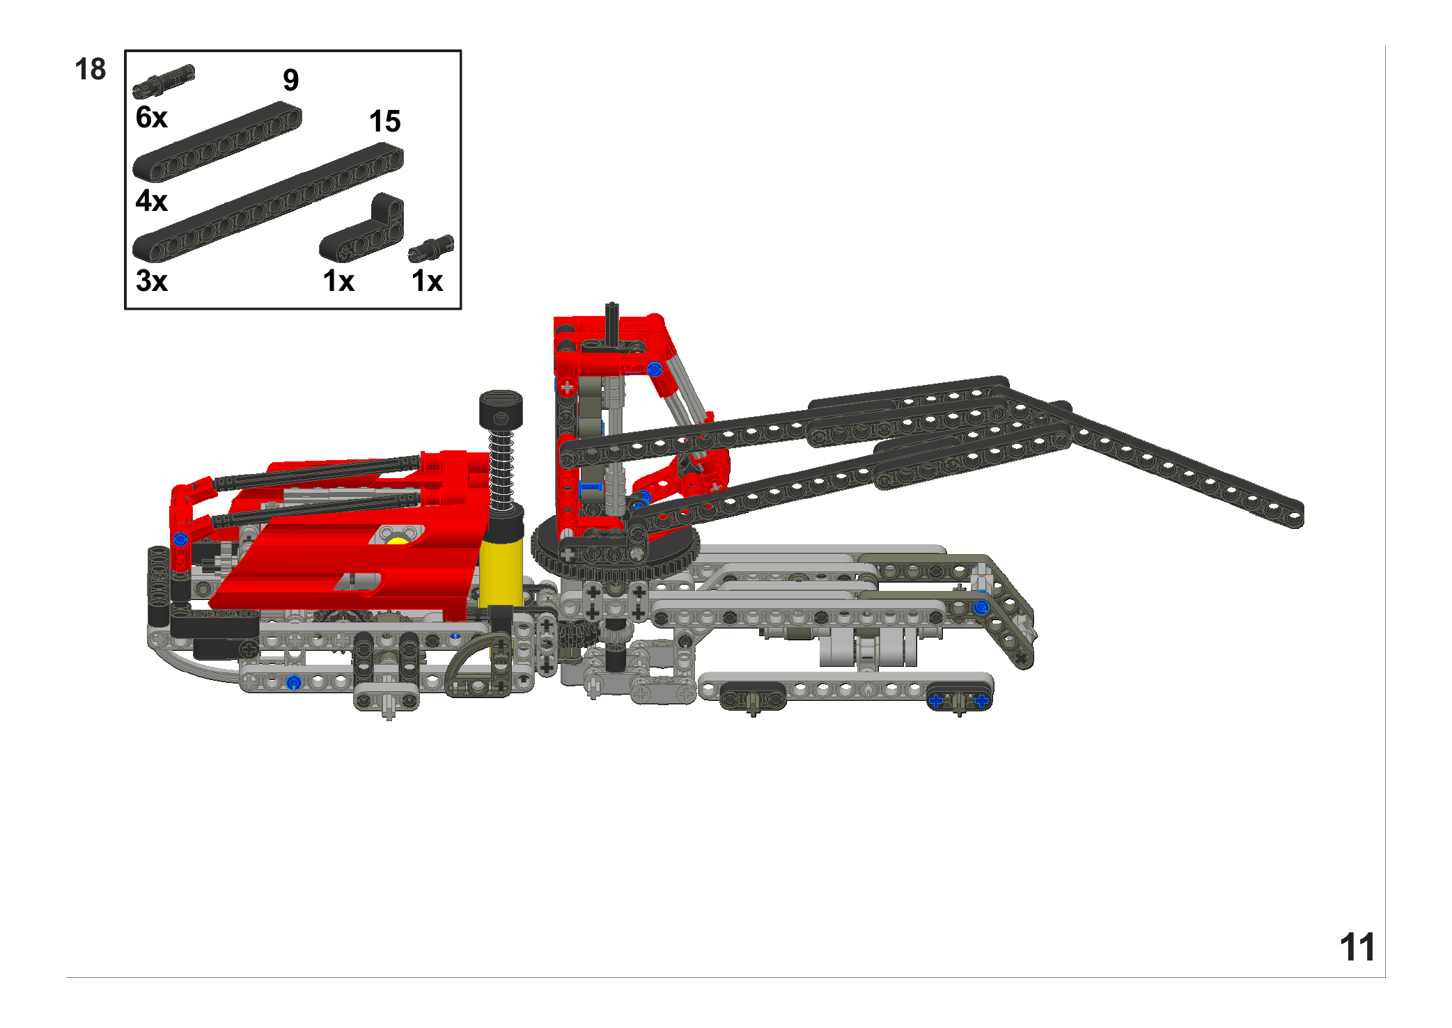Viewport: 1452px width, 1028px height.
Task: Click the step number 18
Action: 90,70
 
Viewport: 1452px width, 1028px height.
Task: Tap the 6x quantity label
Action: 152,118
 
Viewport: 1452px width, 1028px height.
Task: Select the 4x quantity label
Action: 152,200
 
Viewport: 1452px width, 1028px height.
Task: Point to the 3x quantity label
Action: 152,281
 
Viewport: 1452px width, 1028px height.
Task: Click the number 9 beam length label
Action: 291,80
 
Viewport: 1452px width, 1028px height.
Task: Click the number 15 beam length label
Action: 385,121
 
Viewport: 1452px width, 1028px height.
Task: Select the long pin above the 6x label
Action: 164,81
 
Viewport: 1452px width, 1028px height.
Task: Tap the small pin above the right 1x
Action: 430,248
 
